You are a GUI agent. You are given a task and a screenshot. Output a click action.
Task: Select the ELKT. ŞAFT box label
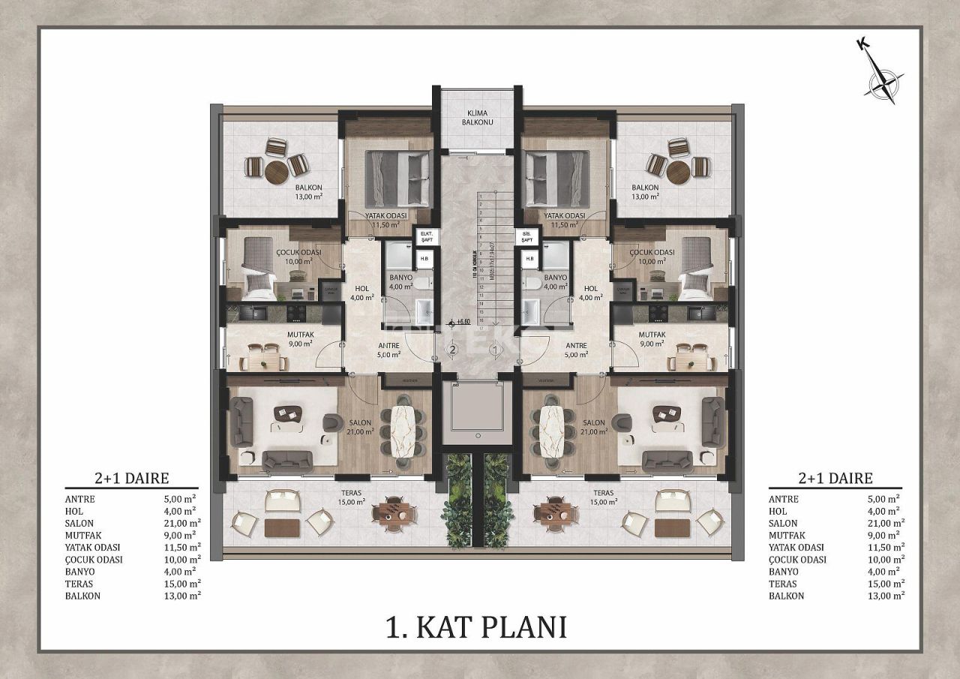pos(427,236)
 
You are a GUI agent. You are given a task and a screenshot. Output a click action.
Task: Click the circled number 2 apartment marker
pos(452,349)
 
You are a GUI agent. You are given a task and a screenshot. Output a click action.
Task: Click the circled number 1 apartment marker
pos(494,349)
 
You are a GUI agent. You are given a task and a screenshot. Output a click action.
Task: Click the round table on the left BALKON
pos(277,170)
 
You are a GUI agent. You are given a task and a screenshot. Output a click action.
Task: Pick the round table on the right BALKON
pos(679,170)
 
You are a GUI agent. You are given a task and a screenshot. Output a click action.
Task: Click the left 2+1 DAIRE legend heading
pos(131,478)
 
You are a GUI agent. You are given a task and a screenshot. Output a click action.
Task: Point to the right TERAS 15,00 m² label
pos(601,497)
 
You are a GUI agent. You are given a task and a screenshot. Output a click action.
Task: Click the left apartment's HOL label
pos(361,293)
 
